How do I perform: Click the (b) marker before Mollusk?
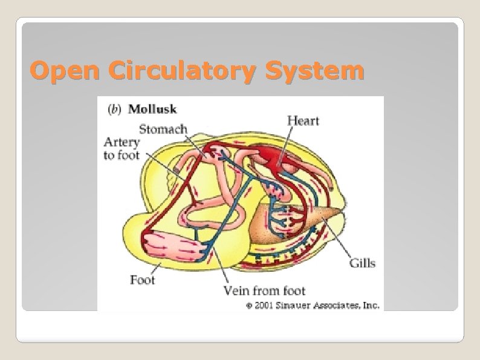(x=114, y=110)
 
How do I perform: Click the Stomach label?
(x=163, y=128)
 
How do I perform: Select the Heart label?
(x=303, y=121)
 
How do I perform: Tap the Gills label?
(x=362, y=263)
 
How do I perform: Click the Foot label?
(x=142, y=280)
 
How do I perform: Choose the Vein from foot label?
(x=265, y=290)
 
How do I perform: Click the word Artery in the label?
(x=122, y=142)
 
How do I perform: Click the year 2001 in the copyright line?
(x=267, y=305)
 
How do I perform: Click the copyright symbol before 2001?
(x=249, y=306)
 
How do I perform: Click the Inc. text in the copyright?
(x=371, y=305)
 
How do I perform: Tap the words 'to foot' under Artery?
(x=121, y=155)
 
